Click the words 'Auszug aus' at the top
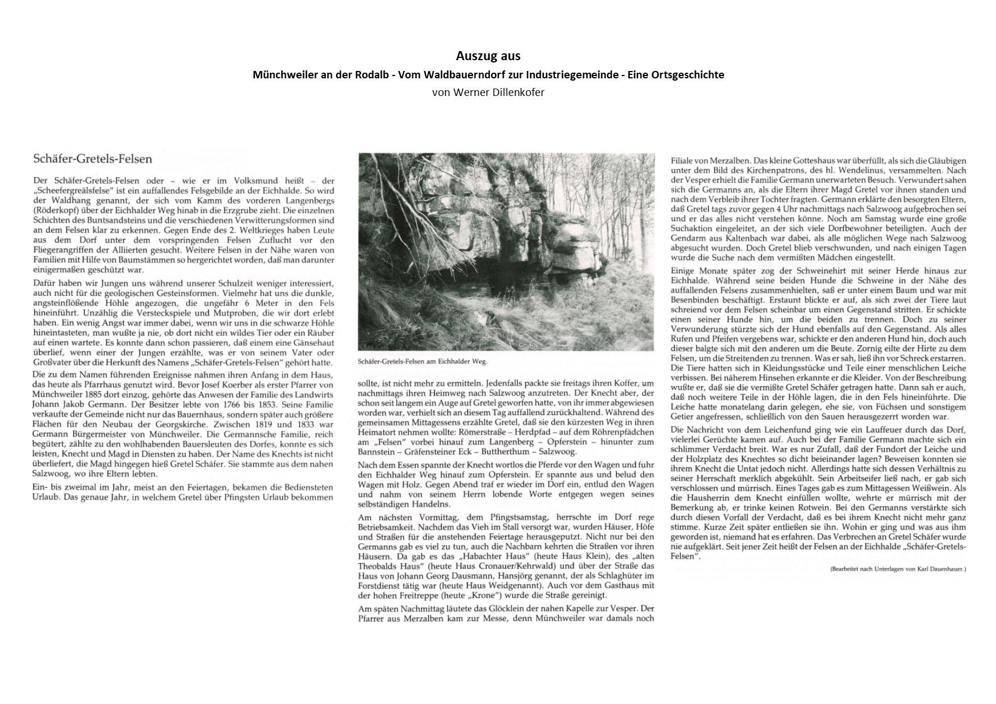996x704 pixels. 488,56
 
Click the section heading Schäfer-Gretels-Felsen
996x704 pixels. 93,158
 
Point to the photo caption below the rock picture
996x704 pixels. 422,361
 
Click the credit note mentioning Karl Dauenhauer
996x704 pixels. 898,568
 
